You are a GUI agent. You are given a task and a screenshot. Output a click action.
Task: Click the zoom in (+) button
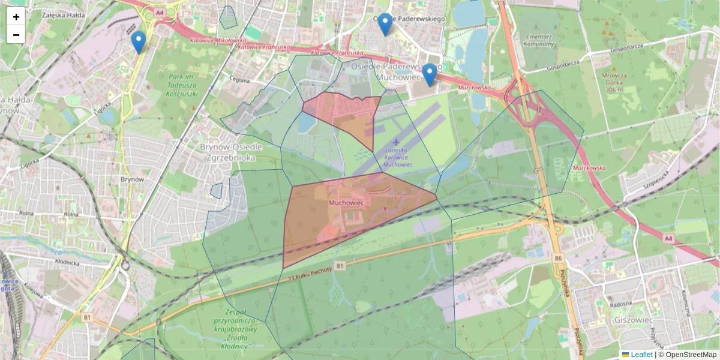click(16, 17)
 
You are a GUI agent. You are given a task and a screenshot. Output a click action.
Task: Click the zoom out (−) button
click(16, 35)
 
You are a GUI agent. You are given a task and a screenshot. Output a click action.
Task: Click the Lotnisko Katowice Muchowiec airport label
click(397, 157)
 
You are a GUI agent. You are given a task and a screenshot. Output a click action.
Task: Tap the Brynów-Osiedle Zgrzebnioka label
click(228, 152)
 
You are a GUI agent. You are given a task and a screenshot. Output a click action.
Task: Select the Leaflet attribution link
click(641, 355)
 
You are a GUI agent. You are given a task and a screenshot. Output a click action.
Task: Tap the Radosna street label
click(621, 304)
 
